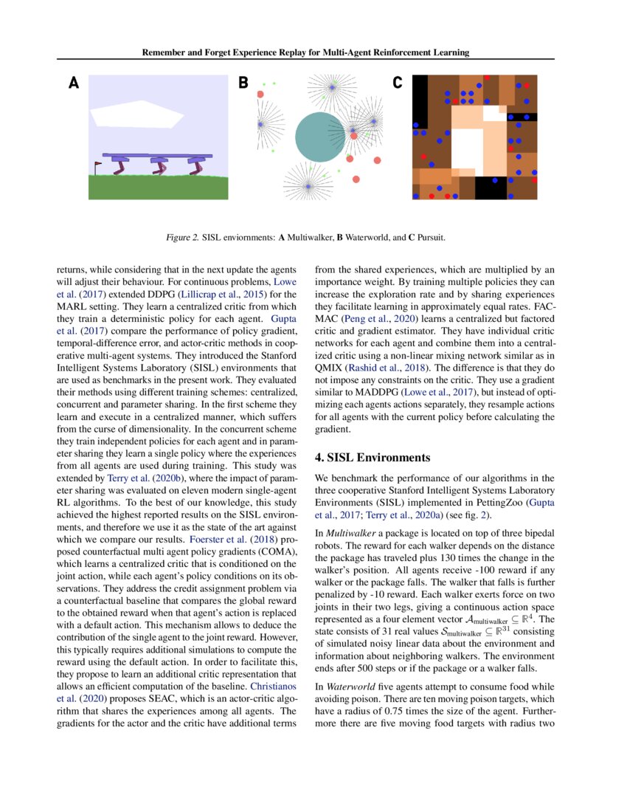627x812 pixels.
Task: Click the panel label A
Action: tap(73, 83)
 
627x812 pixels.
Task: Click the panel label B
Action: tap(243, 83)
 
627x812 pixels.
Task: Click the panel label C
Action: tap(397, 83)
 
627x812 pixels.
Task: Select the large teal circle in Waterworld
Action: tap(320, 137)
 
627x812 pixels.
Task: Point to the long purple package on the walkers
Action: tap(157, 156)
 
